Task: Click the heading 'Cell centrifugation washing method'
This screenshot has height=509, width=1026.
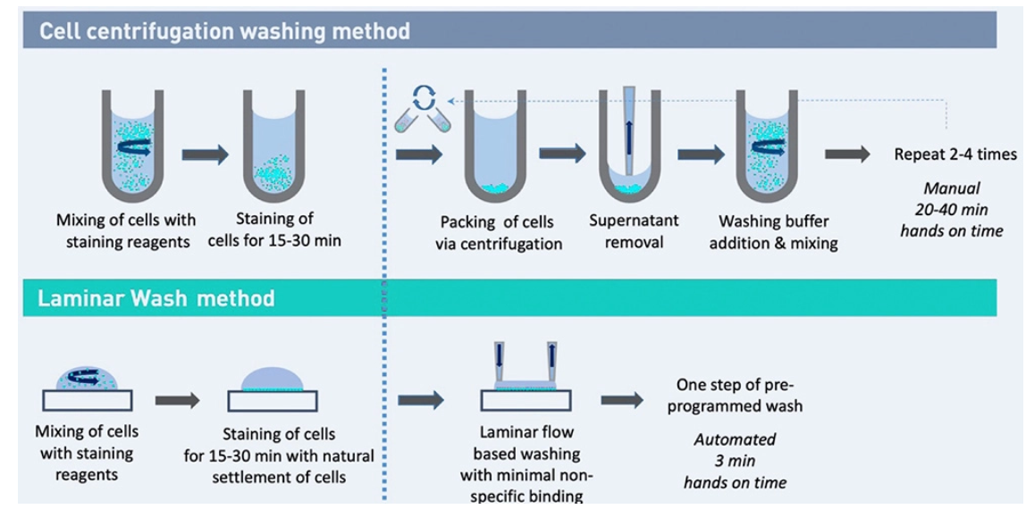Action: [x=224, y=32]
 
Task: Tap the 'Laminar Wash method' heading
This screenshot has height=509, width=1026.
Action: [x=156, y=298]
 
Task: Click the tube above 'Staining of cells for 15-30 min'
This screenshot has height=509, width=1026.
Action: [x=273, y=143]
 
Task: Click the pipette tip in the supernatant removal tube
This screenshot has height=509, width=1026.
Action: [x=629, y=134]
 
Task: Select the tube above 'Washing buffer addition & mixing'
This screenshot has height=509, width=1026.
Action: [x=766, y=143]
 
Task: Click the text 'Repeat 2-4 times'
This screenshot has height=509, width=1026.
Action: [x=955, y=154]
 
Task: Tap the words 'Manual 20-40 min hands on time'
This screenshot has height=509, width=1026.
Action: [x=952, y=210]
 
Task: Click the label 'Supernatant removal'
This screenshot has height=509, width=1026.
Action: [x=634, y=230]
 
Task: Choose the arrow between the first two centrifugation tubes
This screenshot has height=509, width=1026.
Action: [x=205, y=154]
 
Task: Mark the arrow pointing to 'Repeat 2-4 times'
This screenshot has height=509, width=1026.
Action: [x=846, y=154]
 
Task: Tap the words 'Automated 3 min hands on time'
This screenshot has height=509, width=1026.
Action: [x=735, y=461]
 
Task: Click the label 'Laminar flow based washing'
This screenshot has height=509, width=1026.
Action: [x=526, y=454]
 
